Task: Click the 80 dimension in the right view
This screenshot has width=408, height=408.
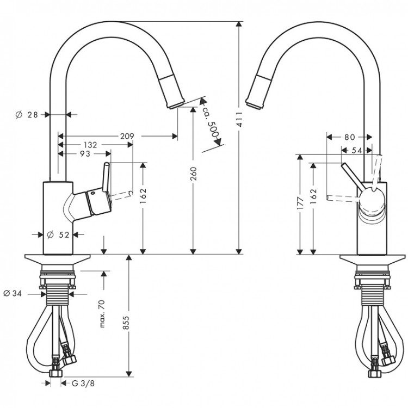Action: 349,137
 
